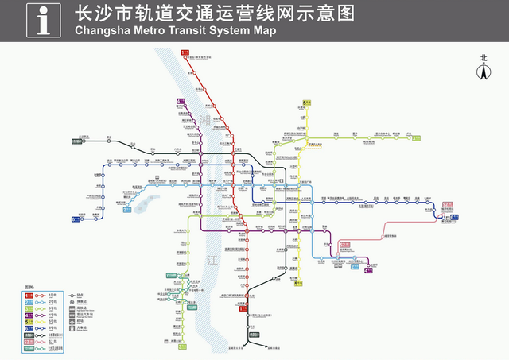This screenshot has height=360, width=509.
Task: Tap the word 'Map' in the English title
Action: click(265, 31)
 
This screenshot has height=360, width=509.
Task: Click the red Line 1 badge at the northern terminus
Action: click(185, 52)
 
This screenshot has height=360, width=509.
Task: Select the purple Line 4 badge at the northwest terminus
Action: click(181, 102)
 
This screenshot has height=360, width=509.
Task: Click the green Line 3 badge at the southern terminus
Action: click(183, 346)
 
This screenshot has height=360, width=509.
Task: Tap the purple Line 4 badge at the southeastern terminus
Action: click(367, 270)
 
